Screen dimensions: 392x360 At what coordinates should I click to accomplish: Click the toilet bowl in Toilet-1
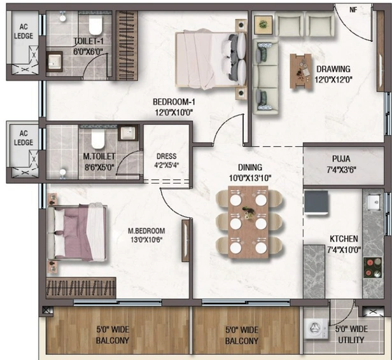(95, 26)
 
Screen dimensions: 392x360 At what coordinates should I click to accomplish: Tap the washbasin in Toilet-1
(53, 62)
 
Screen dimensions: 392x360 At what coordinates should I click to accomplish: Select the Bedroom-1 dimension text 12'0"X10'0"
(174, 113)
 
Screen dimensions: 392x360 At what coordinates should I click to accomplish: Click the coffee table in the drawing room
(301, 71)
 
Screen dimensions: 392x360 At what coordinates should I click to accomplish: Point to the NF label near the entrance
(353, 10)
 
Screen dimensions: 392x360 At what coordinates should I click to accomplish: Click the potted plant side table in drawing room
(263, 24)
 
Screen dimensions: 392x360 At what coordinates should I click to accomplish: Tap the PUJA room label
(341, 158)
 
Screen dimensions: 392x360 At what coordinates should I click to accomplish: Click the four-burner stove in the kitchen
(372, 267)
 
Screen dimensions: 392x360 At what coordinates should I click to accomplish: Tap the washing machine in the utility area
(316, 329)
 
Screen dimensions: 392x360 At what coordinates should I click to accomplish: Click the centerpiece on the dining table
(248, 212)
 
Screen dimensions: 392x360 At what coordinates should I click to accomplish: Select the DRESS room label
(167, 156)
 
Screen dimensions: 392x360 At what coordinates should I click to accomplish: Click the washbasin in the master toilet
(128, 133)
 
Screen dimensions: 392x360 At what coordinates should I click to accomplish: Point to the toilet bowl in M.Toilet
(97, 139)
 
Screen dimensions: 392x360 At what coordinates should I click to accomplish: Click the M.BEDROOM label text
(146, 231)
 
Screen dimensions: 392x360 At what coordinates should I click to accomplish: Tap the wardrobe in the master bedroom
(81, 287)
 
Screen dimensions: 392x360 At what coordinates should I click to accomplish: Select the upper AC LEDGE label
(24, 31)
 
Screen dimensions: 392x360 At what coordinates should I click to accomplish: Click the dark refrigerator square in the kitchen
(316, 203)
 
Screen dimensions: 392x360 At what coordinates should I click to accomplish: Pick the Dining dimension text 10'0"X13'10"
(250, 178)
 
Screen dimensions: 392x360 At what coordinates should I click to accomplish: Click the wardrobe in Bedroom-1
(127, 45)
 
